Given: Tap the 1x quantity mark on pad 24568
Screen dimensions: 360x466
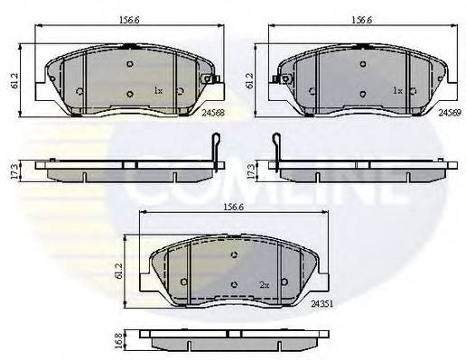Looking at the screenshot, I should coord(157,91).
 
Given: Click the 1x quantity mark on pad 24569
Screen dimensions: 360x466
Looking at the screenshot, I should coord(396,91).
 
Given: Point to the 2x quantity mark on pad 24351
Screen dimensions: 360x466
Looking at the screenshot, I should coord(265,284).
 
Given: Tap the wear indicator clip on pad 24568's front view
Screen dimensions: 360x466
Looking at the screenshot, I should coord(212,82).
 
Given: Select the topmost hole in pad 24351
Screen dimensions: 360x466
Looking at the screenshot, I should coord(234,255).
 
